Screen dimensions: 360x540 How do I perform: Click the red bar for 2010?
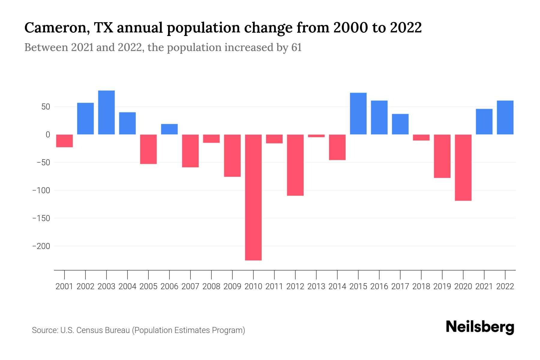click(253, 197)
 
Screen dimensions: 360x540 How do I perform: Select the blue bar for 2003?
click(106, 112)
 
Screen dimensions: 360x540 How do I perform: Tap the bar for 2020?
click(463, 167)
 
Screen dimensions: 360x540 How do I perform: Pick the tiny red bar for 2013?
click(316, 136)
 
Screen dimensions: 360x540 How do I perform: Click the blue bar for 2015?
click(358, 114)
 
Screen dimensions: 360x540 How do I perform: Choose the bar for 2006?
click(169, 129)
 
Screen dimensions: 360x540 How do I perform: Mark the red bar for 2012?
click(295, 165)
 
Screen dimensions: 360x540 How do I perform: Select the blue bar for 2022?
click(505, 118)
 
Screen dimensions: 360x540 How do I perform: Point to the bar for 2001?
click(64, 141)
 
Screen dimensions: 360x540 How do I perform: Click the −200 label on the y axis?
click(41, 246)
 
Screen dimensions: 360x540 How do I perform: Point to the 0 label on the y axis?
click(47, 135)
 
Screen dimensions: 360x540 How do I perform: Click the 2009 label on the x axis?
click(232, 286)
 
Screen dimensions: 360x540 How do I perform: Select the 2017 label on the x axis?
click(400, 286)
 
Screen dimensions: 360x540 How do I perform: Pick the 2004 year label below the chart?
click(127, 286)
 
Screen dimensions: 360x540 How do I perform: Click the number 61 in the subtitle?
click(296, 48)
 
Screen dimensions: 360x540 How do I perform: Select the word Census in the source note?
click(90, 330)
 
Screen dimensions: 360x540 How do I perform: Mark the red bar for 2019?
click(442, 156)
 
